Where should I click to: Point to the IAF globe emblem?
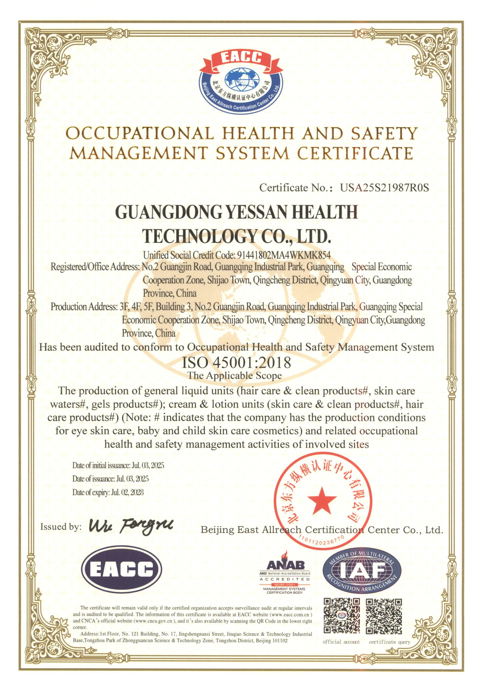point(362,570)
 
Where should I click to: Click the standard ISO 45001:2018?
point(236,363)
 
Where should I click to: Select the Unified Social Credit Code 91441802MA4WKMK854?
point(283,255)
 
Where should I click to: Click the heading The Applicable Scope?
point(235,376)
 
